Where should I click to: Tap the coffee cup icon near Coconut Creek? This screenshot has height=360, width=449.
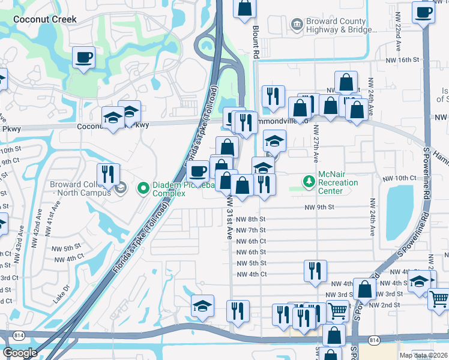click(83, 58)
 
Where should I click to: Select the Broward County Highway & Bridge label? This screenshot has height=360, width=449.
click(336, 25)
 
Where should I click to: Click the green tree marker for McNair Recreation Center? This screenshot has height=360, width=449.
click(309, 181)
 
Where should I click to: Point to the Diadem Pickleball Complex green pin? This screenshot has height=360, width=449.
click(143, 189)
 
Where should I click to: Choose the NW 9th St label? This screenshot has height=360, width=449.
click(319, 208)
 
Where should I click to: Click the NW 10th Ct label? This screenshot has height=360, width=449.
click(399, 178)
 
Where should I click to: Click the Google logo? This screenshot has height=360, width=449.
click(20, 352)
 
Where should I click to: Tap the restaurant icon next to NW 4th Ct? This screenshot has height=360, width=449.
click(315, 271)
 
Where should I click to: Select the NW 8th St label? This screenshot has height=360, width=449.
click(250, 220)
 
